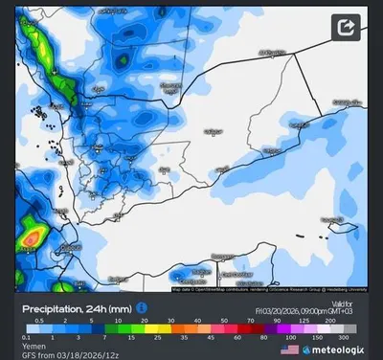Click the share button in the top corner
click(x=347, y=27)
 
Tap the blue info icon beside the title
click(x=142, y=308)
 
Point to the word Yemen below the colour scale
click(x=36, y=347)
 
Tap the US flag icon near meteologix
click(x=289, y=349)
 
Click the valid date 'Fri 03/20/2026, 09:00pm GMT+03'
click(x=311, y=310)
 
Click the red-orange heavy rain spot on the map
click(x=32, y=235)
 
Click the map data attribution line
click(x=270, y=288)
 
